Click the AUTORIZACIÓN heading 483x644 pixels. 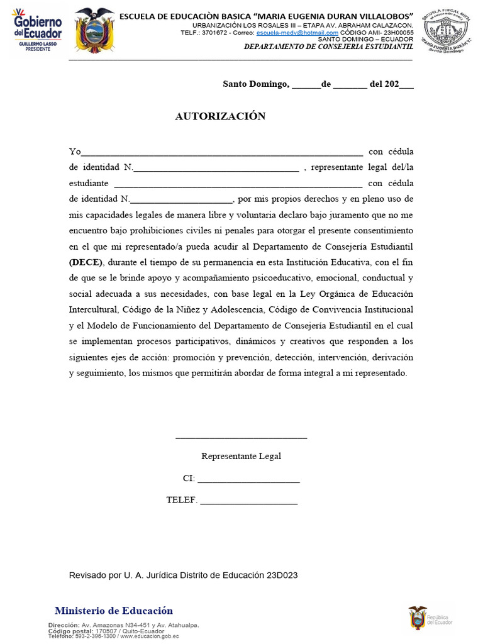point(220,116)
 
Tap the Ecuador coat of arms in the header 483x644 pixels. point(94,30)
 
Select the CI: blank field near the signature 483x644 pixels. point(248,479)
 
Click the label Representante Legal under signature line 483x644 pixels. point(241,457)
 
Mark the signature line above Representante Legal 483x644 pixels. point(241,436)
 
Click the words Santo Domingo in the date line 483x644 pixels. point(255,84)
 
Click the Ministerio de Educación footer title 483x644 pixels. point(114,611)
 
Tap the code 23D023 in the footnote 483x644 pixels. point(282,575)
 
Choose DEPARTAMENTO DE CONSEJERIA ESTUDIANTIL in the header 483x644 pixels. point(328,47)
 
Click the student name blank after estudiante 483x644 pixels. point(237,184)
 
